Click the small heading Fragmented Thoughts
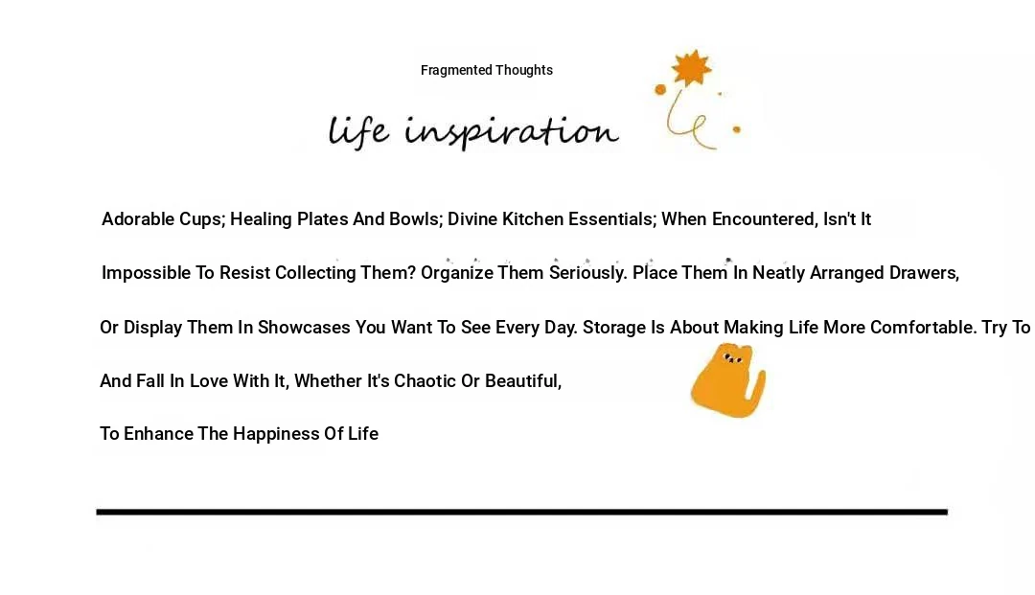pos(487,70)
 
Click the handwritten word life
pos(358,130)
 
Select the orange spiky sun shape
pos(691,68)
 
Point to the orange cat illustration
pos(726,381)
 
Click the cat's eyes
pos(732,359)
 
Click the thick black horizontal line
pos(521,512)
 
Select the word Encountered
pos(764,219)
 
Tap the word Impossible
pos(146,273)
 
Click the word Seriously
pos(587,273)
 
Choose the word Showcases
pos(304,327)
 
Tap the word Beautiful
pos(523,381)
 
